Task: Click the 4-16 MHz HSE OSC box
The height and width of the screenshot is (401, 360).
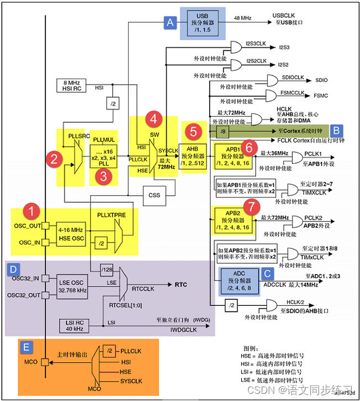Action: [71, 233]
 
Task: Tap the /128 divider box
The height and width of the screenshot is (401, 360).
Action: [107, 269]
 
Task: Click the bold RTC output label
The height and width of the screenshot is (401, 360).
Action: [181, 285]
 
